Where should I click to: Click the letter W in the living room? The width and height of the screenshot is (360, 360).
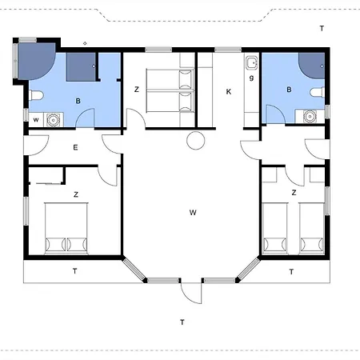[193, 213]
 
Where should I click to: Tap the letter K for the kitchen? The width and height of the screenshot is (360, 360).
[229, 92]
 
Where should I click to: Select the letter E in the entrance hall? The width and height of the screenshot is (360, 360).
[75, 147]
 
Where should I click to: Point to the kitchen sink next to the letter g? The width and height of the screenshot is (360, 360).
[251, 63]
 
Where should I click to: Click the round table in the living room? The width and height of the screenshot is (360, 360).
[196, 141]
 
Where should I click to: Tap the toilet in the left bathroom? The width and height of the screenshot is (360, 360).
[36, 95]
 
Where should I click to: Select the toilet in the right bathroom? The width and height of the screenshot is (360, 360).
[318, 93]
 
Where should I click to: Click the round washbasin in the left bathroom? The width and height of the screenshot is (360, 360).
[54, 120]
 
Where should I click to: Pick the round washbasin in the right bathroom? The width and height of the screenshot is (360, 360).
[310, 117]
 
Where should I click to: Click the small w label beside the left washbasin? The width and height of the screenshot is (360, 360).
[36, 120]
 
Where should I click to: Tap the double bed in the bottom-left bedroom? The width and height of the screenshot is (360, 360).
[66, 228]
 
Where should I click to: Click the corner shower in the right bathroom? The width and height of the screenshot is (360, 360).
[312, 66]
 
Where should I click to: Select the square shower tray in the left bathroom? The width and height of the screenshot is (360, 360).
[81, 67]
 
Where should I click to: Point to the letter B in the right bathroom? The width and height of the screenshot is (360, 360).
[289, 90]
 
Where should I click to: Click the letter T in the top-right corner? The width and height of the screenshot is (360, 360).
[322, 29]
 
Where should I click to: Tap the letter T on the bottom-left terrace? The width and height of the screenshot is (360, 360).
[75, 271]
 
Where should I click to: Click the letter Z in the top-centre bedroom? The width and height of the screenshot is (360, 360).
[137, 90]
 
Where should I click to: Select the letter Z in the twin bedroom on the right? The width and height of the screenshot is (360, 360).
[294, 193]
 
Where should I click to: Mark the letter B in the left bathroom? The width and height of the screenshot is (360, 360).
[78, 101]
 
